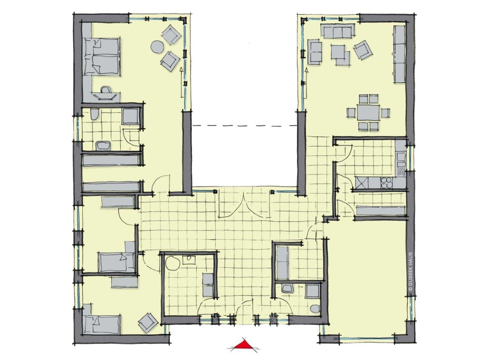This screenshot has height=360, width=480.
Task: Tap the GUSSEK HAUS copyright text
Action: (410, 271)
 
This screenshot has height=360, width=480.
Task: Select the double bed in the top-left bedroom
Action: (101, 57)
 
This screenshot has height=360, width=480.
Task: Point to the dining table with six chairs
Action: (368, 113)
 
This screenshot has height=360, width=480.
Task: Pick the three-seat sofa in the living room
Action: (338, 32)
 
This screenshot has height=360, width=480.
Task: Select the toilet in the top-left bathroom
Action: (94, 115)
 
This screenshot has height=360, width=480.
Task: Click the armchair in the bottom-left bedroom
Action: (148, 322)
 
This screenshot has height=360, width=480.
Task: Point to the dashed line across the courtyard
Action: (245, 125)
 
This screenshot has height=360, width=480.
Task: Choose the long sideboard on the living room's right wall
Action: (400, 54)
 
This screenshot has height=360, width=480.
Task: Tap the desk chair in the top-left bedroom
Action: (106, 91)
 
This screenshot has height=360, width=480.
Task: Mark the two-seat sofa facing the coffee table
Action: (315, 53)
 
